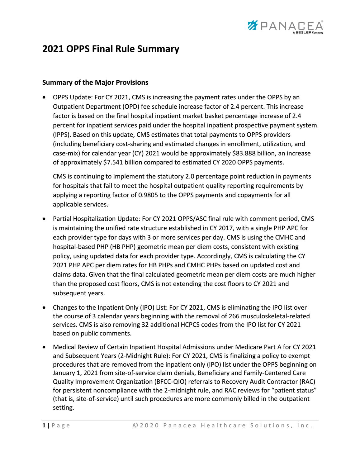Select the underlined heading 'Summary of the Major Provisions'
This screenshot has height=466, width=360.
(95, 83)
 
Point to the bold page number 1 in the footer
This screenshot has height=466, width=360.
(44, 426)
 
